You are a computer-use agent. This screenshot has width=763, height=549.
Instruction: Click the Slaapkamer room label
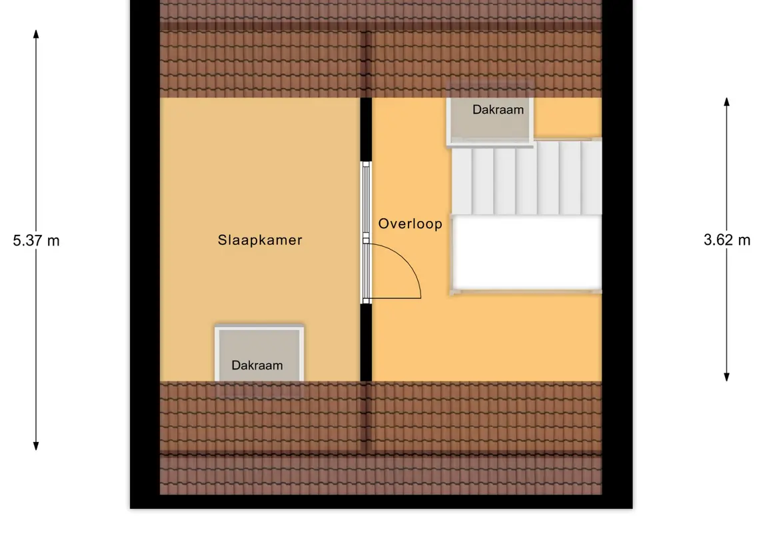[x=260, y=240]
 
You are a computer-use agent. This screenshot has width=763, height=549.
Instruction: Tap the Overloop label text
[x=410, y=224]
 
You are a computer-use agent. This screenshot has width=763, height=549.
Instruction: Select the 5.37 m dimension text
[x=36, y=241]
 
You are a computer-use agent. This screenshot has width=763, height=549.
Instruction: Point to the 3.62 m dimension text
[x=726, y=240]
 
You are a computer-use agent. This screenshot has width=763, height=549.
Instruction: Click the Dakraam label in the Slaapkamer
[x=257, y=365]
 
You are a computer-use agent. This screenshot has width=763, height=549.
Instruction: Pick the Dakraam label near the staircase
[x=498, y=110]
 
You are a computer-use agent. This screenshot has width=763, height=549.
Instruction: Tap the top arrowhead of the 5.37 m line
[x=36, y=33]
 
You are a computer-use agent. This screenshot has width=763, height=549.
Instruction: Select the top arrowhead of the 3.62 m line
[x=726, y=102]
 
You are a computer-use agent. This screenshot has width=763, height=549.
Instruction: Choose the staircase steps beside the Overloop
[x=526, y=180]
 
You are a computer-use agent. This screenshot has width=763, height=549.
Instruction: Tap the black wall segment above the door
[x=366, y=130]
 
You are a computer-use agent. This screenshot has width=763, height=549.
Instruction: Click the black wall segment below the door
[x=366, y=342]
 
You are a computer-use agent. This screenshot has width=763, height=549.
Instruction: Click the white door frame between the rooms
[x=365, y=233]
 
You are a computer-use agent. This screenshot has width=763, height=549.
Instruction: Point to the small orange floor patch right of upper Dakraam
[x=568, y=118]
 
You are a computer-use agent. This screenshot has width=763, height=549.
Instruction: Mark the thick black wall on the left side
[x=145, y=266]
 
